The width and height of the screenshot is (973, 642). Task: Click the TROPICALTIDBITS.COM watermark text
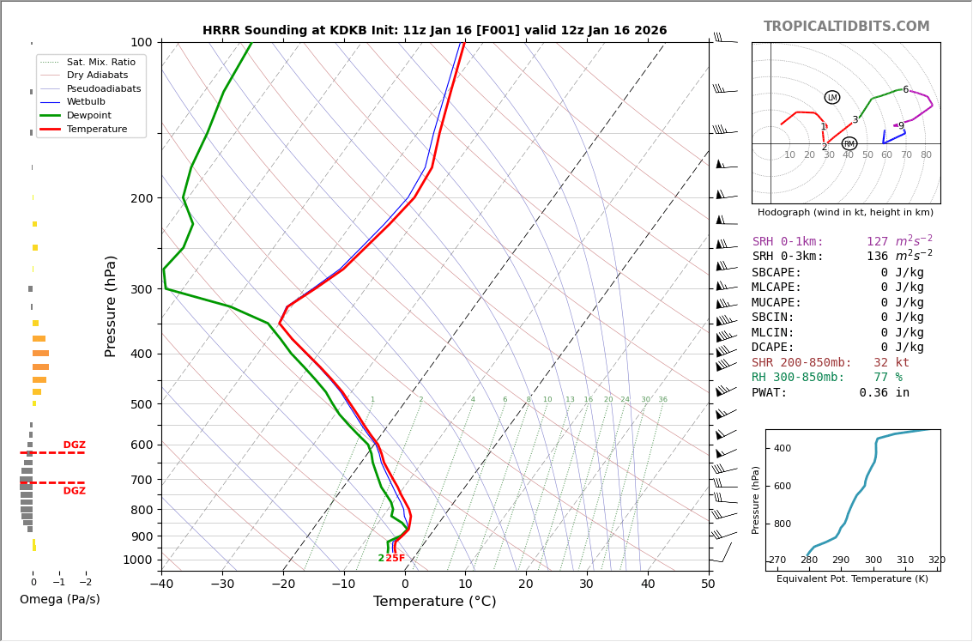(x=846, y=27)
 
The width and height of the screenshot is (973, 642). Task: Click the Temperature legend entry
(x=96, y=129)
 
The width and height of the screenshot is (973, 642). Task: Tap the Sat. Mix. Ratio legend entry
(x=100, y=62)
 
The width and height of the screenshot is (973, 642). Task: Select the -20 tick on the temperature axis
(x=283, y=584)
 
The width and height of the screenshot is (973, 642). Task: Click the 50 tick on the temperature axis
(x=709, y=584)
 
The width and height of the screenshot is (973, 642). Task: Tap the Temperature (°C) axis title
(x=434, y=602)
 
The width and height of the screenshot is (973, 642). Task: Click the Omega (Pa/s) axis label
(x=60, y=599)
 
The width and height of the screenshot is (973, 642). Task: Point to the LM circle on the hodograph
(x=832, y=98)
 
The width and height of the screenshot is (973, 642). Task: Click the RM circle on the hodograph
(x=849, y=144)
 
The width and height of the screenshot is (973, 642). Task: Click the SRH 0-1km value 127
(x=878, y=242)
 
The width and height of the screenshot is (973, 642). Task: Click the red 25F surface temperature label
(x=395, y=559)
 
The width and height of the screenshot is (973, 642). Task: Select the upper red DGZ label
(x=74, y=445)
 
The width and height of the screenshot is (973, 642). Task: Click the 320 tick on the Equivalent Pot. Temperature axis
(x=936, y=560)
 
